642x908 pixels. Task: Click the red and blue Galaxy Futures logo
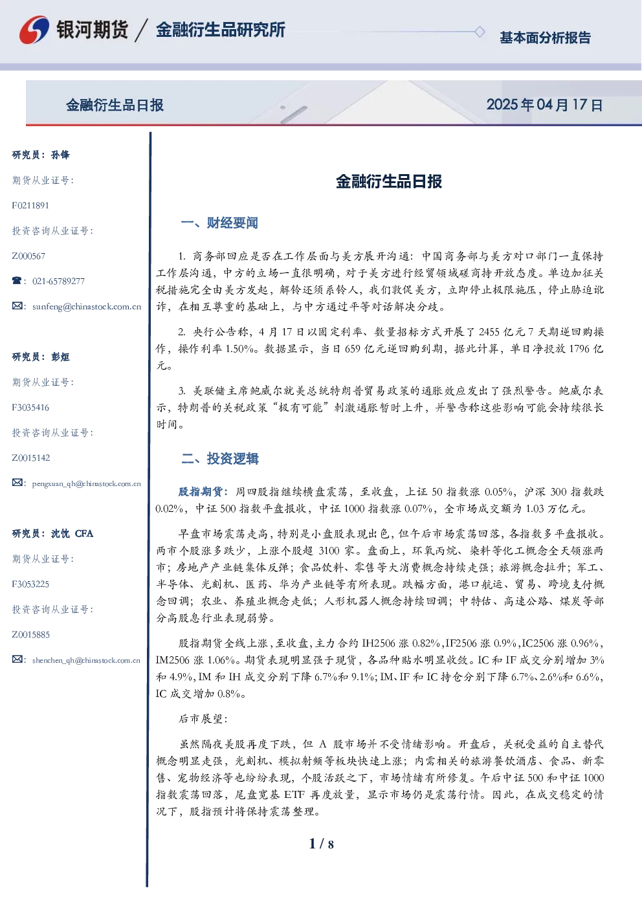tap(34, 30)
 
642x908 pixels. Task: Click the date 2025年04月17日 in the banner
tap(544, 105)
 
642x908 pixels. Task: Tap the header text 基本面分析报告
tap(545, 38)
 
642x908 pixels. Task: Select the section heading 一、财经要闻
tap(219, 223)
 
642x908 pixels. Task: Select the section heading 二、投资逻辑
tap(219, 458)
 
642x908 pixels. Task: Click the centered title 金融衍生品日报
tap(389, 181)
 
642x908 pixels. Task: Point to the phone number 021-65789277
tap(59, 281)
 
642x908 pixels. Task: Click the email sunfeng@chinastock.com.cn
tap(87, 307)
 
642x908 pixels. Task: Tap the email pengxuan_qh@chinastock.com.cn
tap(87, 483)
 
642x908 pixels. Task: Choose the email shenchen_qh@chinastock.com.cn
tap(86, 660)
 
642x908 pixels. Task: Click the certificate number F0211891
tap(30, 206)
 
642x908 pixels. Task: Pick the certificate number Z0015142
tap(31, 458)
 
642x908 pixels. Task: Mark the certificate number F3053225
tap(30, 584)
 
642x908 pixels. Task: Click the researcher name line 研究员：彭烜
tap(41, 357)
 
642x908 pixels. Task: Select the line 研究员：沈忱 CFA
tap(52, 533)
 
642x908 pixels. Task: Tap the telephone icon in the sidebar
tap(17, 280)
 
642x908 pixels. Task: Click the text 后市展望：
tap(203, 718)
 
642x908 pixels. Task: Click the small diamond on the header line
tap(480, 32)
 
